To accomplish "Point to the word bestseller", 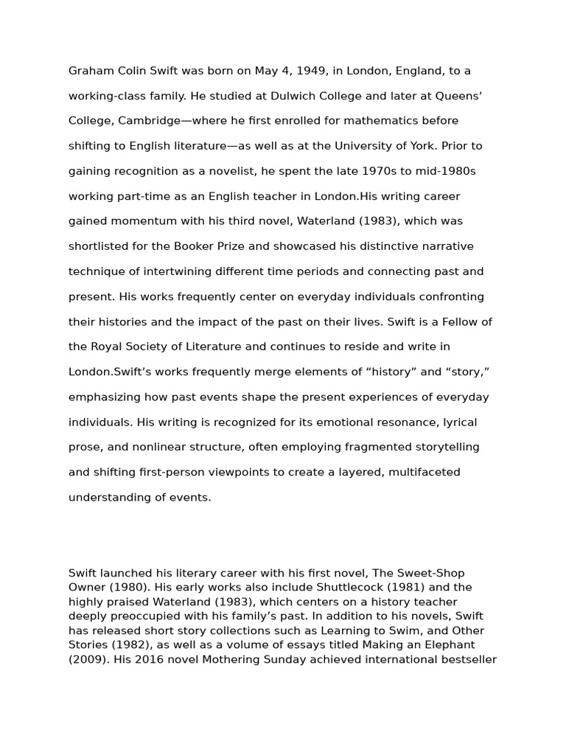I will (469, 659).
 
